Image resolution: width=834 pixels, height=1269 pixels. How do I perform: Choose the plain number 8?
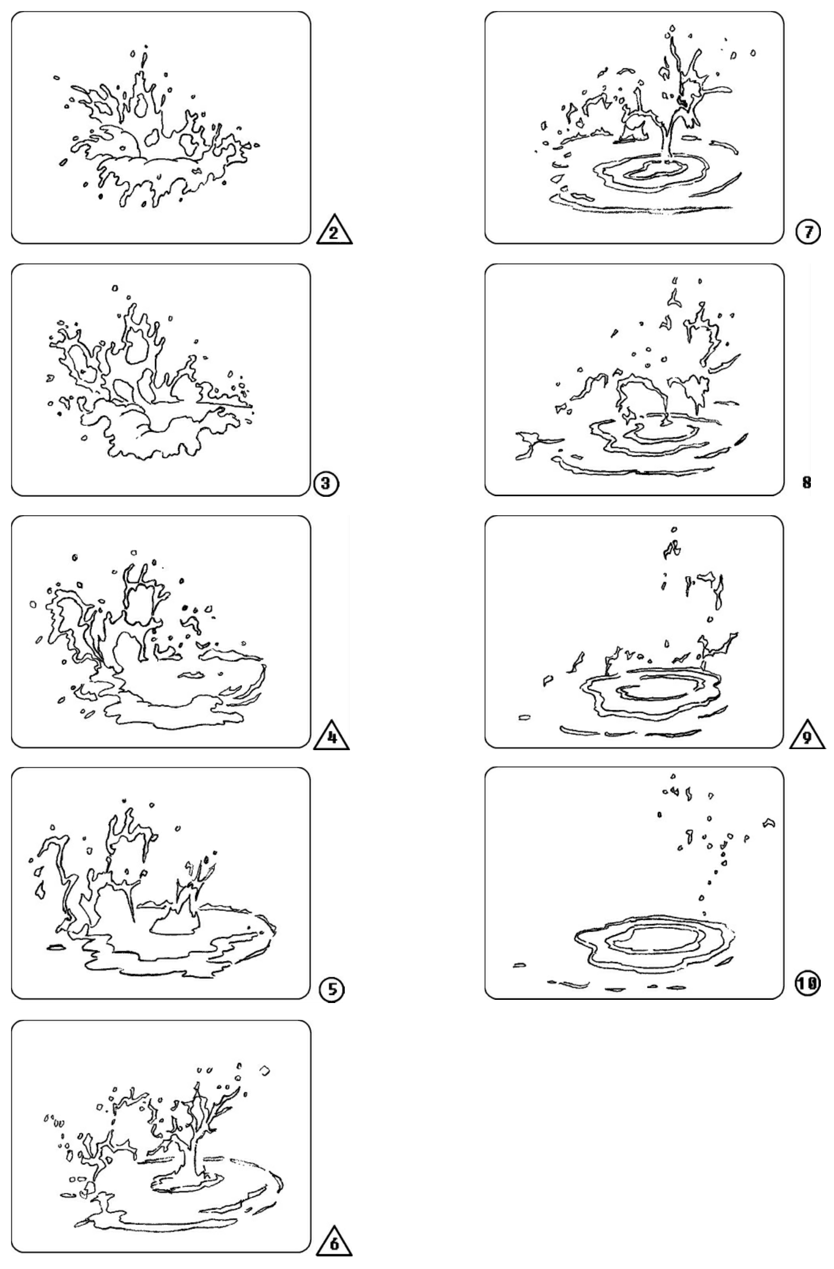pos(806,483)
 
